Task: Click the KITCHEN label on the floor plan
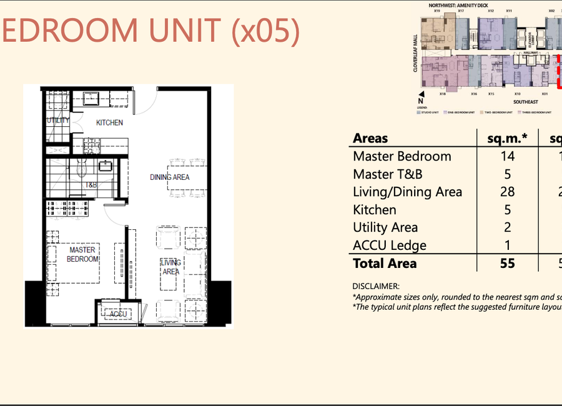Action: click(109, 123)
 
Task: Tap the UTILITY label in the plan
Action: click(58, 121)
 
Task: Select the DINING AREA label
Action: click(169, 177)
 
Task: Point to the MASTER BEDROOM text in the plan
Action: click(82, 254)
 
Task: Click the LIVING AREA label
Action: click(170, 267)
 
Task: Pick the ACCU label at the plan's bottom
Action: click(118, 314)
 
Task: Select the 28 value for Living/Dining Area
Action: click(507, 192)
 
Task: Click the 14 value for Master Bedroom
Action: click(507, 156)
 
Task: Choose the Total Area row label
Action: click(384, 264)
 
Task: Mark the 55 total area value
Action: click(507, 264)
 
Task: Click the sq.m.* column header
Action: click(507, 138)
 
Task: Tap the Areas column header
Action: click(370, 138)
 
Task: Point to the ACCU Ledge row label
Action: click(389, 245)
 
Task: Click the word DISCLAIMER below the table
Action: click(376, 286)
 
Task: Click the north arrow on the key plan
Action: click(421, 100)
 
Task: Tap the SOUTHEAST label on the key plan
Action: click(525, 102)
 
